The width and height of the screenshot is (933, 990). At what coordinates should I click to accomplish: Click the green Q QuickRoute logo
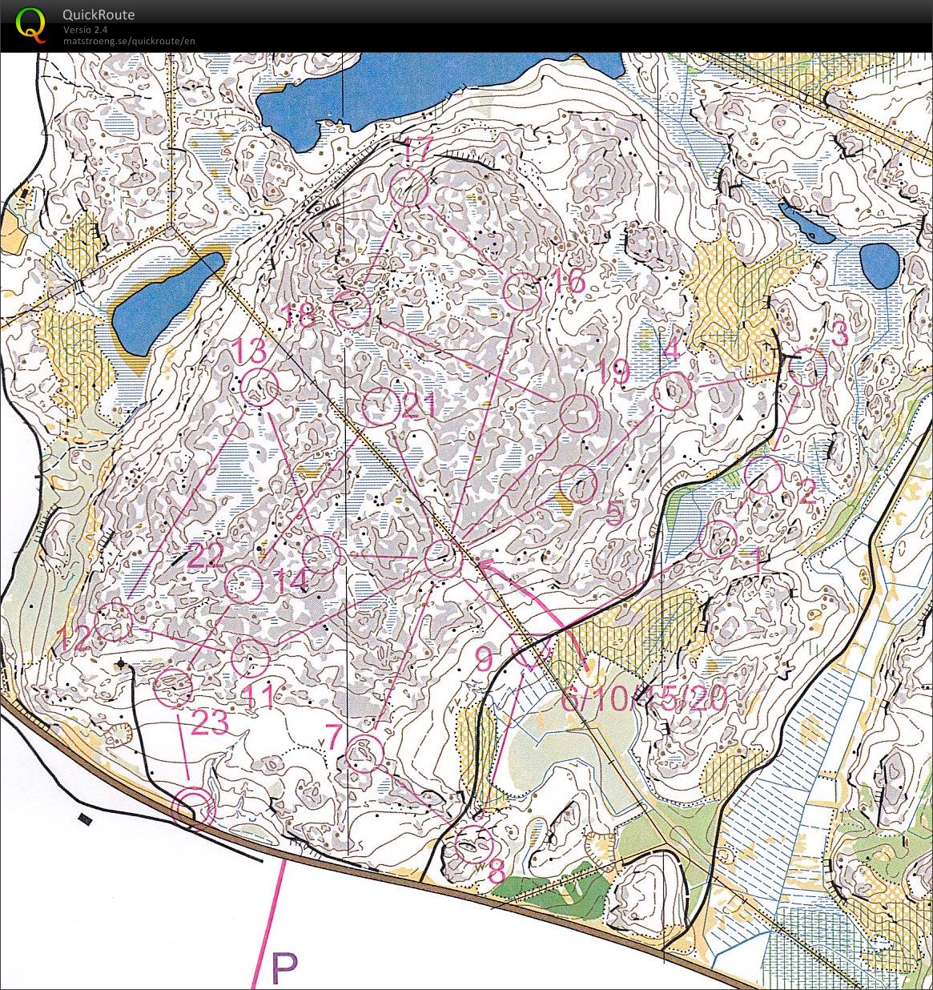[31, 23]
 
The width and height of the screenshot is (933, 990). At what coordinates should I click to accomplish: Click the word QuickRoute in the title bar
[99, 14]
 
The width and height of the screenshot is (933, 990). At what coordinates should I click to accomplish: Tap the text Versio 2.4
[86, 30]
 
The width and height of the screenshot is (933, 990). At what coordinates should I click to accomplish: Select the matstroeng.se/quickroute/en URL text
[129, 41]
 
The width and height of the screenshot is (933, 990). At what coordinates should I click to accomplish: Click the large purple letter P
[284, 968]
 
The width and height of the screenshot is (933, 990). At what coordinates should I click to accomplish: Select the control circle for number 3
[807, 368]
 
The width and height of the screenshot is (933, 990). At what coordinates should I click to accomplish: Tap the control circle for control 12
[114, 622]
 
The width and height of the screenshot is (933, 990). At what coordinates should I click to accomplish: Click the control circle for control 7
[366, 753]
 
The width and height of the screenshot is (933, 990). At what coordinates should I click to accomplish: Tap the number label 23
[210, 723]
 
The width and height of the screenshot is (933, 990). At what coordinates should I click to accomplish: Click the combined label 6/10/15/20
[644, 699]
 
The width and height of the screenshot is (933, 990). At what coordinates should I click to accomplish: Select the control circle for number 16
[521, 292]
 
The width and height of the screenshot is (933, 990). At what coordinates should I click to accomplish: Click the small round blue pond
[879, 265]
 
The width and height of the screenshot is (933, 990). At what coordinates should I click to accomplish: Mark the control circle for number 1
[718, 538]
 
